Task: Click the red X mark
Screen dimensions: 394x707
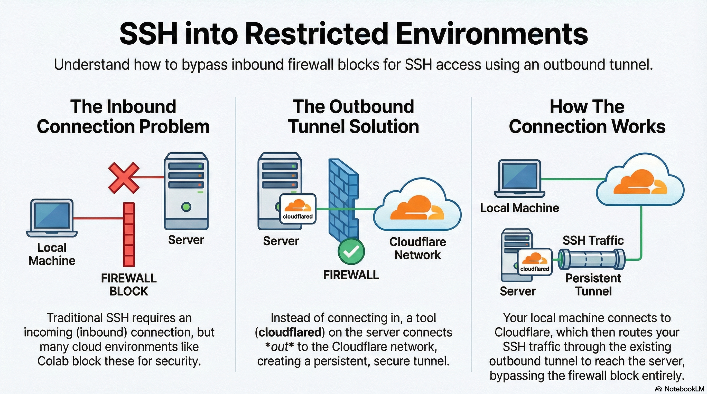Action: tap(124, 178)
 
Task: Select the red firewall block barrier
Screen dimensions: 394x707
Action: tap(129, 234)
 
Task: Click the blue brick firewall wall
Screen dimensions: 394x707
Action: tap(343, 200)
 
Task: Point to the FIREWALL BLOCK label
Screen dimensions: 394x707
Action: tap(129, 285)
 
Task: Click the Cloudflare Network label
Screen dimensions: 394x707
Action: tap(417, 249)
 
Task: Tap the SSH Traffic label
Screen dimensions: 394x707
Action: tap(593, 241)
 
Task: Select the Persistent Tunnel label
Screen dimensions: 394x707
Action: tap(593, 285)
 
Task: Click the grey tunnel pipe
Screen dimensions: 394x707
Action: tap(591, 259)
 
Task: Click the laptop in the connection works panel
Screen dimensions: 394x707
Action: tap(519, 178)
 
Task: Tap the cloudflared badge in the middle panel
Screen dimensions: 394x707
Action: tap(298, 209)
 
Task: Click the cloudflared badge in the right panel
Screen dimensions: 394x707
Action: tap(535, 262)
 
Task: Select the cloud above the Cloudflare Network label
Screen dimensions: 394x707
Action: tap(417, 205)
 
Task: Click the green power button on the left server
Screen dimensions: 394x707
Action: tap(186, 206)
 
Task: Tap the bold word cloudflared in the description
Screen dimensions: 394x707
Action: tap(290, 332)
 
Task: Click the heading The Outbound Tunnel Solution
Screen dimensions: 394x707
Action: tap(353, 116)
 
